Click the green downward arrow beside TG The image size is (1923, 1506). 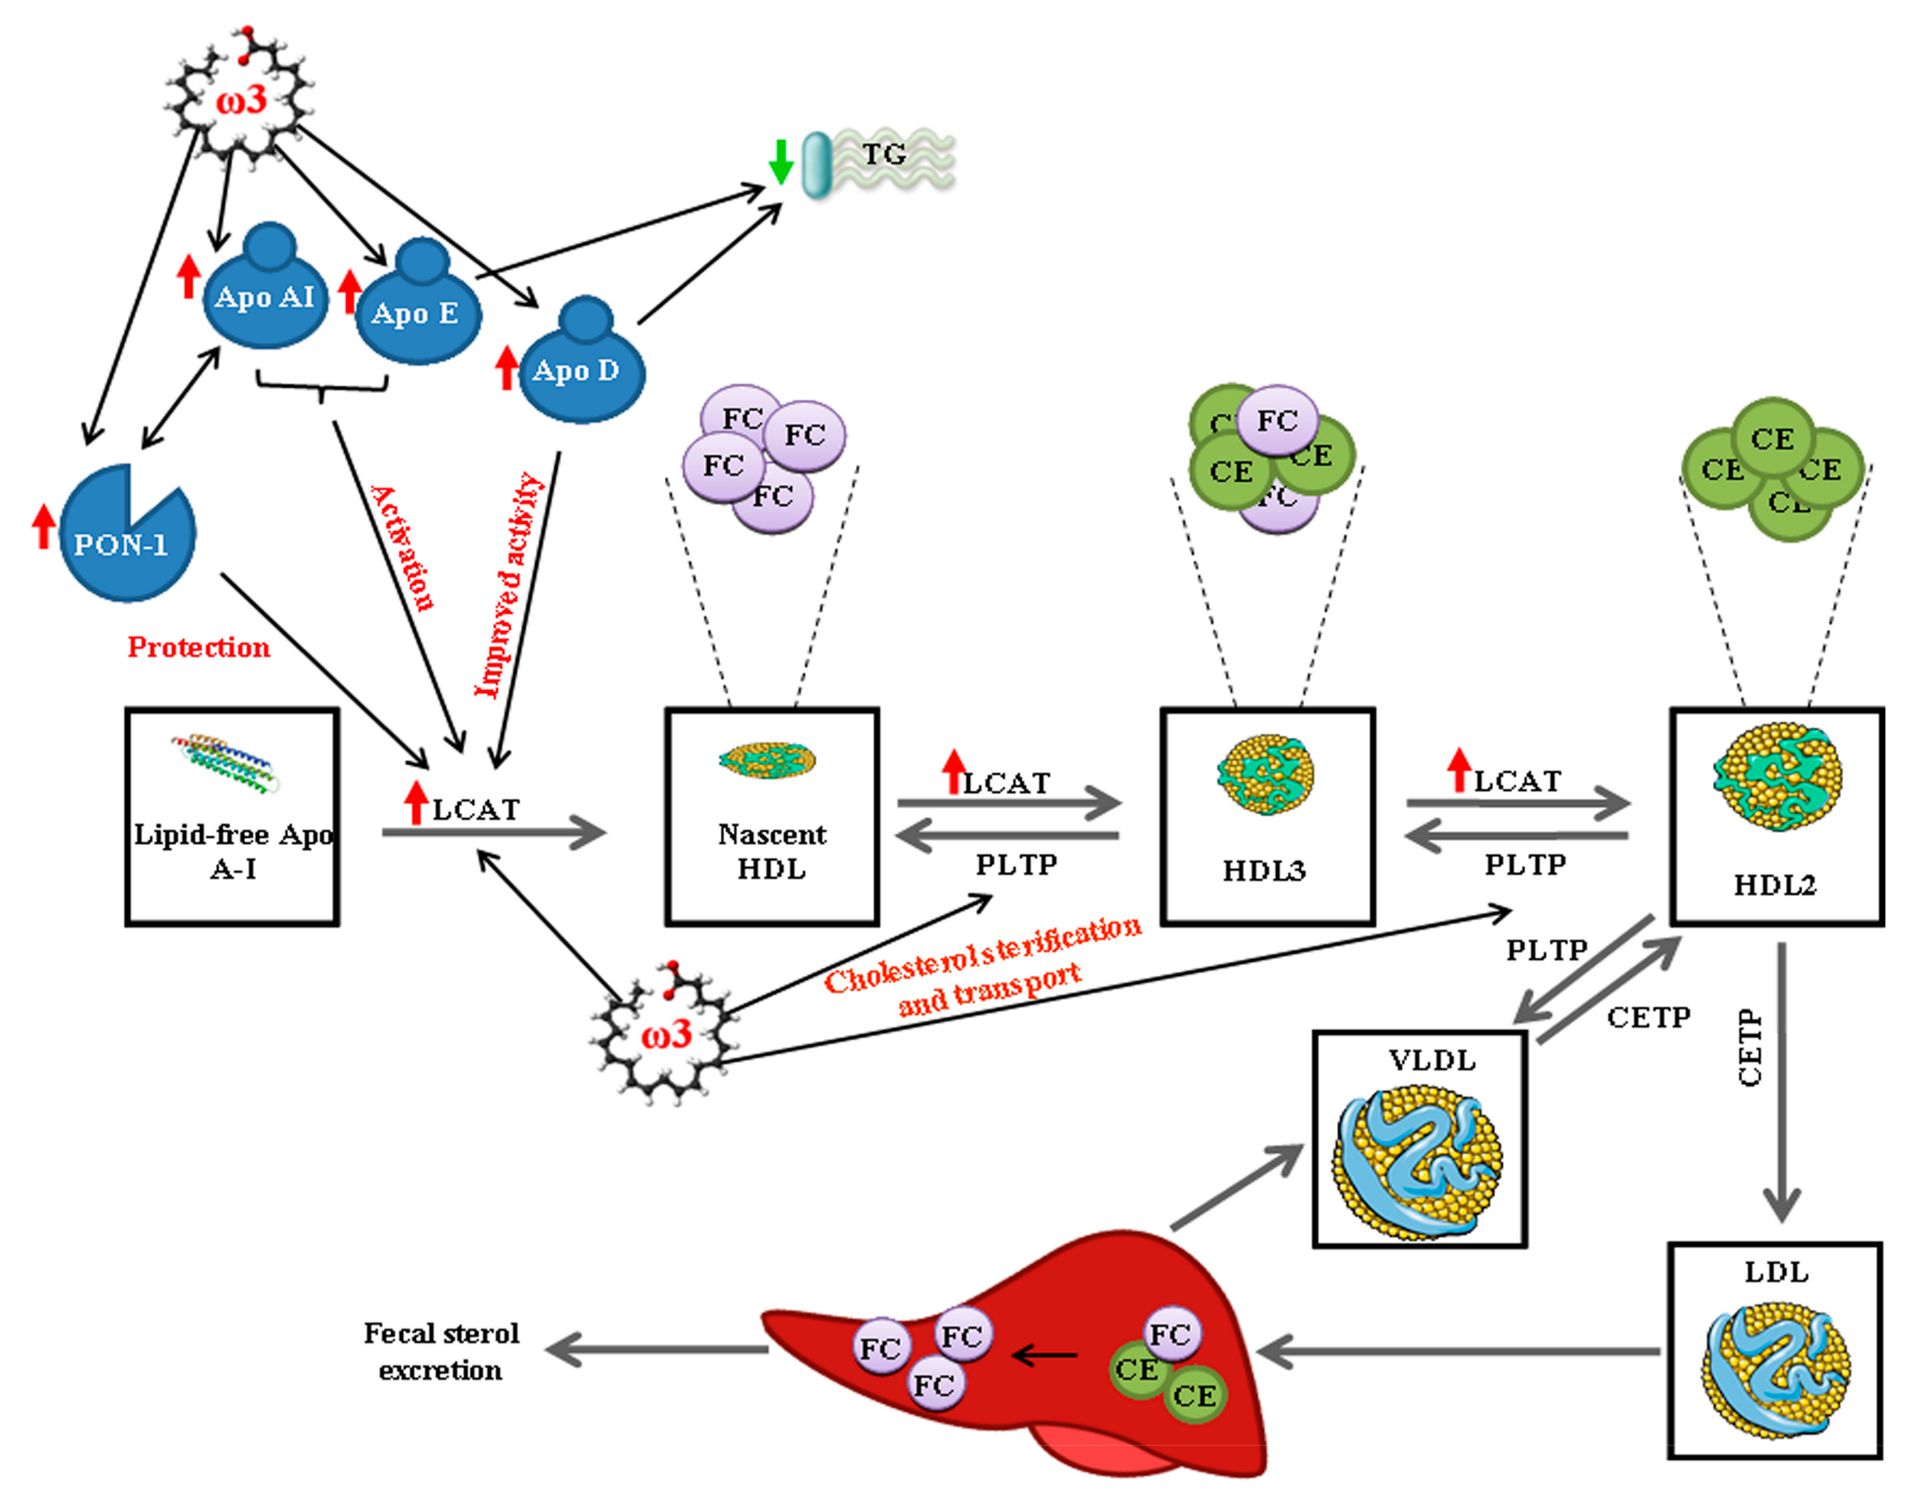click(779, 161)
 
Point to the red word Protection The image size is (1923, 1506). click(198, 647)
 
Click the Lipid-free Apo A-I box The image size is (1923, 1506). click(232, 817)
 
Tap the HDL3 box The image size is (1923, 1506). click(1267, 817)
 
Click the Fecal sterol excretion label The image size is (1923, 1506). click(441, 1352)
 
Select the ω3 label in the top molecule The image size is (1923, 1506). click(241, 99)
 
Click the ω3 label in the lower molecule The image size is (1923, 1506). click(666, 1033)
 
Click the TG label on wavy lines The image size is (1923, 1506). click(883, 154)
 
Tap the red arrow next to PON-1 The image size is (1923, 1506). click(43, 526)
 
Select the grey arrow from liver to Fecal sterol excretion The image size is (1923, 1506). click(657, 1349)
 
